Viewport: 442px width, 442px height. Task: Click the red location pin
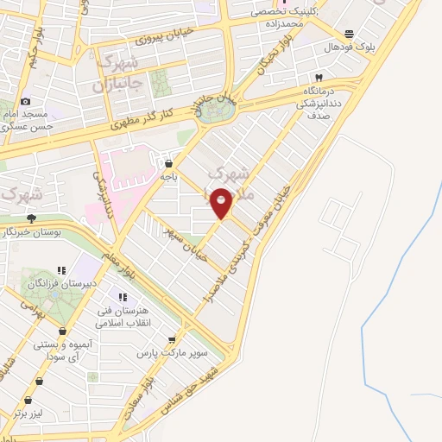(x=222, y=202)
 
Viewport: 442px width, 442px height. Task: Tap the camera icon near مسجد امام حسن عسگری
(x=25, y=102)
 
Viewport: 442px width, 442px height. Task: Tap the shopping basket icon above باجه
(x=168, y=162)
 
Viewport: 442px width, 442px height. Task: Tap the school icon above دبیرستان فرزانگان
(x=60, y=269)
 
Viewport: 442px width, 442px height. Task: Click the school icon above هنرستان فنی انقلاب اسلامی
(x=134, y=297)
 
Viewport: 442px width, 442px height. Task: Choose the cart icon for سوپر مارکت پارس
(x=173, y=339)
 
